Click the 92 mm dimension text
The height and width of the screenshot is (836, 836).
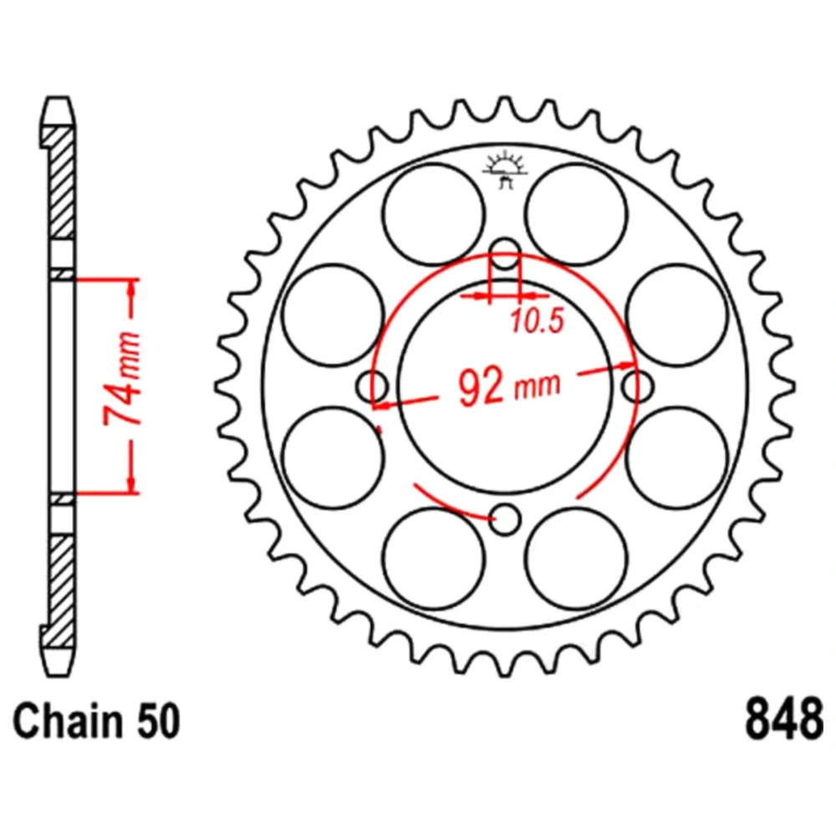coord(509,385)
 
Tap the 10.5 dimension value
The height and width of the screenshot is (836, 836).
coord(537,321)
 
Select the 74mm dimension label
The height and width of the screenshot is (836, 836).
coord(123,378)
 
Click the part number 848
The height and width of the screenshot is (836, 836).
coord(784,719)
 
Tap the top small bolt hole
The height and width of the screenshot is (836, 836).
coord(505,254)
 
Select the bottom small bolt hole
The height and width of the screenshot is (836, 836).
coord(504,519)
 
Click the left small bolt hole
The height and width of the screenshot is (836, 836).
coord(372,386)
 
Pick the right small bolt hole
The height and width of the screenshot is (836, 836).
coord(638,386)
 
